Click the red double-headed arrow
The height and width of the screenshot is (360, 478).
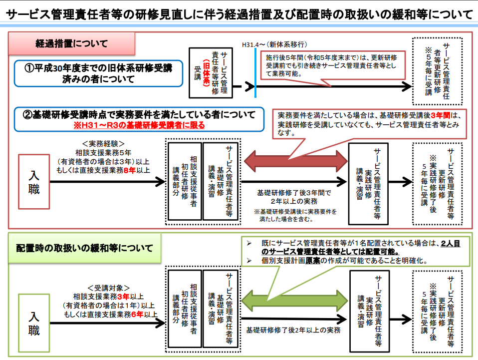[296, 161]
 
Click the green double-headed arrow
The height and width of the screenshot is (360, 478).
[294, 300]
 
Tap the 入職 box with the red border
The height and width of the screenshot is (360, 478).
[34, 182]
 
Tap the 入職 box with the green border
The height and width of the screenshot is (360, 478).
[34, 323]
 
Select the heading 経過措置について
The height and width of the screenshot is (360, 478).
[72, 43]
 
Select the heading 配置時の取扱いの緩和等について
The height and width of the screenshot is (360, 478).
[84, 248]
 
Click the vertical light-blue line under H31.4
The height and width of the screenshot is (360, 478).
[255, 72]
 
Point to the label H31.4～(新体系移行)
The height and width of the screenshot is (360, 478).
[274, 44]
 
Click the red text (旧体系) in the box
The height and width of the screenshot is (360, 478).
[207, 73]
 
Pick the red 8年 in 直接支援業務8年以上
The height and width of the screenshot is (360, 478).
[130, 170]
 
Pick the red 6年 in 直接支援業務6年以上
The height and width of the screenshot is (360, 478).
[137, 314]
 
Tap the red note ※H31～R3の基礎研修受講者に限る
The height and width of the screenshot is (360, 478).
[139, 125]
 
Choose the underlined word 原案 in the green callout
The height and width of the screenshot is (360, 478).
[313, 261]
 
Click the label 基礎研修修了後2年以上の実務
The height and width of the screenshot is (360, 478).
[293, 330]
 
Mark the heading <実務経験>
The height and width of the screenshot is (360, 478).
[103, 144]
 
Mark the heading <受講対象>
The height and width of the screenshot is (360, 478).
[109, 288]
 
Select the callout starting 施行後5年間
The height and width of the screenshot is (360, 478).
[333, 65]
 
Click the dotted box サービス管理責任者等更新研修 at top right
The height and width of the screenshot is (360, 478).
[438, 71]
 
